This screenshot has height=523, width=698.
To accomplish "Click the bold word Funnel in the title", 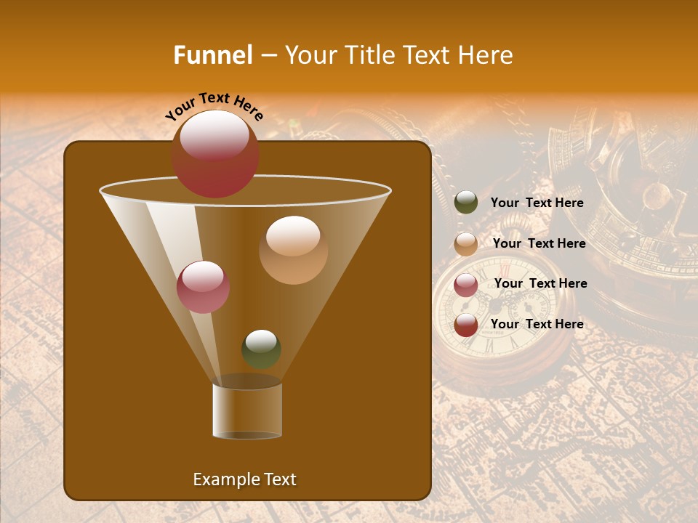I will (212, 55).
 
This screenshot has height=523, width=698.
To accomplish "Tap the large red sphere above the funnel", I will (214, 153).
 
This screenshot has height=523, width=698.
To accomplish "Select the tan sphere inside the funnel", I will (293, 249).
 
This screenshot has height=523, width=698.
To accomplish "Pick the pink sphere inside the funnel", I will (203, 286).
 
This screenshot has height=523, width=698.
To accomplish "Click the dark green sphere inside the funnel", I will (261, 349).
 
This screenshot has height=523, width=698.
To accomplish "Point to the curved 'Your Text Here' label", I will (214, 105).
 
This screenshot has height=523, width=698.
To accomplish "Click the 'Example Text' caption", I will (244, 479).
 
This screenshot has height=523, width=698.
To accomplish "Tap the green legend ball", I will (466, 203).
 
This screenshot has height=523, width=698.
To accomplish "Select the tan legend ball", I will (466, 243).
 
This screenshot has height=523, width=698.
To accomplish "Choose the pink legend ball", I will (466, 284).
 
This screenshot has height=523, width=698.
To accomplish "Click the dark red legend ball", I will (466, 325).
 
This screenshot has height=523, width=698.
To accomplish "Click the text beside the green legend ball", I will (537, 203).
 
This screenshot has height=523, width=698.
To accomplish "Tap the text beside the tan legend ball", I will (539, 243).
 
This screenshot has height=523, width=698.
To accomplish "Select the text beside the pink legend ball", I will (540, 283).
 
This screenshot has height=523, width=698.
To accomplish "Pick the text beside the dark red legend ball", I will (537, 324).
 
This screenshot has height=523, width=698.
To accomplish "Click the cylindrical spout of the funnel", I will (247, 410).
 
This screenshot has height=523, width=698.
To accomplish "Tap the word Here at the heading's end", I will (486, 55).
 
